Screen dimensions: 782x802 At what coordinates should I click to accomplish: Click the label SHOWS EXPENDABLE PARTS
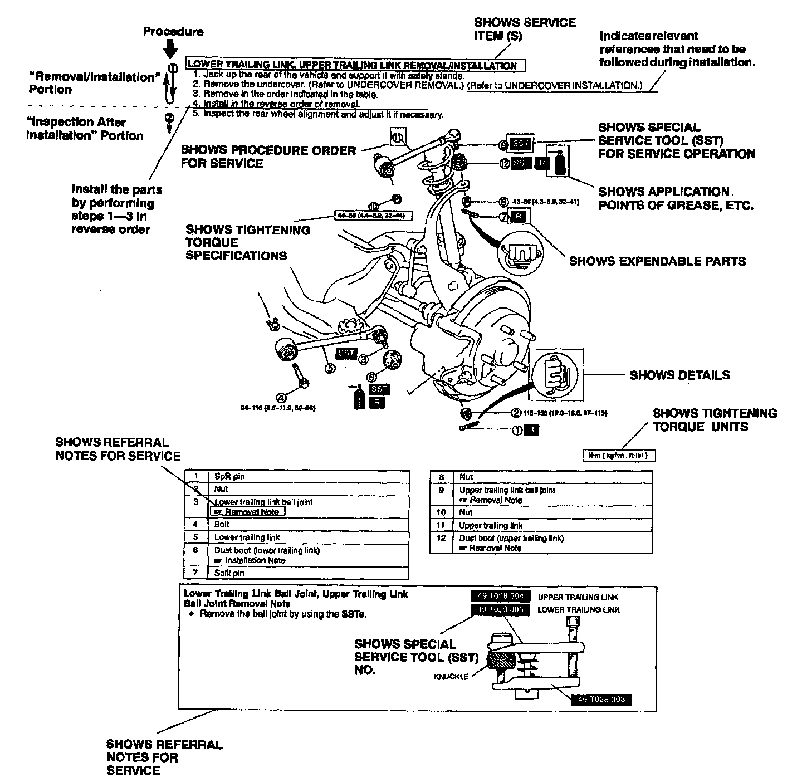coord(657,261)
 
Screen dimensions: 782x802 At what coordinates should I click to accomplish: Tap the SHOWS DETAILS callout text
coord(679,375)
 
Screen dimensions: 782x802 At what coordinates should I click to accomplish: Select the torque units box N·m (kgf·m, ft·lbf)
coord(618,456)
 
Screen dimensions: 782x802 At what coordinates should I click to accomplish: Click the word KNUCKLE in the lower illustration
coord(451,676)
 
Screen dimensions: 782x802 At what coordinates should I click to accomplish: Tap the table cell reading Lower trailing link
coord(247,537)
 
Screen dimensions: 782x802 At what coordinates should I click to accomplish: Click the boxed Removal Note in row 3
coord(248,512)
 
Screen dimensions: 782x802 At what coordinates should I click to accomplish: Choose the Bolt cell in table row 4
coord(222,524)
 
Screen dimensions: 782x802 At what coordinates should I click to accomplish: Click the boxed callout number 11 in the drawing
coord(398,137)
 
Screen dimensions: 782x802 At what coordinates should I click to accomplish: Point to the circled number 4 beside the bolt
coord(281,397)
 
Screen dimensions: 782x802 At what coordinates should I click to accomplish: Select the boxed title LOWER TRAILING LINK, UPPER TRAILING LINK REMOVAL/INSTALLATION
coord(352,65)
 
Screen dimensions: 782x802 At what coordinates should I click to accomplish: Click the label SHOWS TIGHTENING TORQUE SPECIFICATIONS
coord(248,243)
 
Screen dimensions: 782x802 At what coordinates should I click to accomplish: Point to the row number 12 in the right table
coord(441,538)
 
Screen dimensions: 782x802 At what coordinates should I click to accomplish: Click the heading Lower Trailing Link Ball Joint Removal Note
coord(296,598)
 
